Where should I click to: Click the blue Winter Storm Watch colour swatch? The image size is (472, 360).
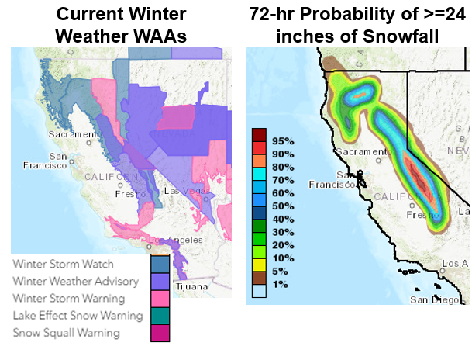click(160, 265)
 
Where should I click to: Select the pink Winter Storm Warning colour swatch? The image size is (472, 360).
click(160, 299)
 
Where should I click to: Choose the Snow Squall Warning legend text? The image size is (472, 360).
click(66, 333)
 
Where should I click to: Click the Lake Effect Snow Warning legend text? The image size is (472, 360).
click(78, 316)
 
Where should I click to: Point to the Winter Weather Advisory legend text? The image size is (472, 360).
click(75, 282)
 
